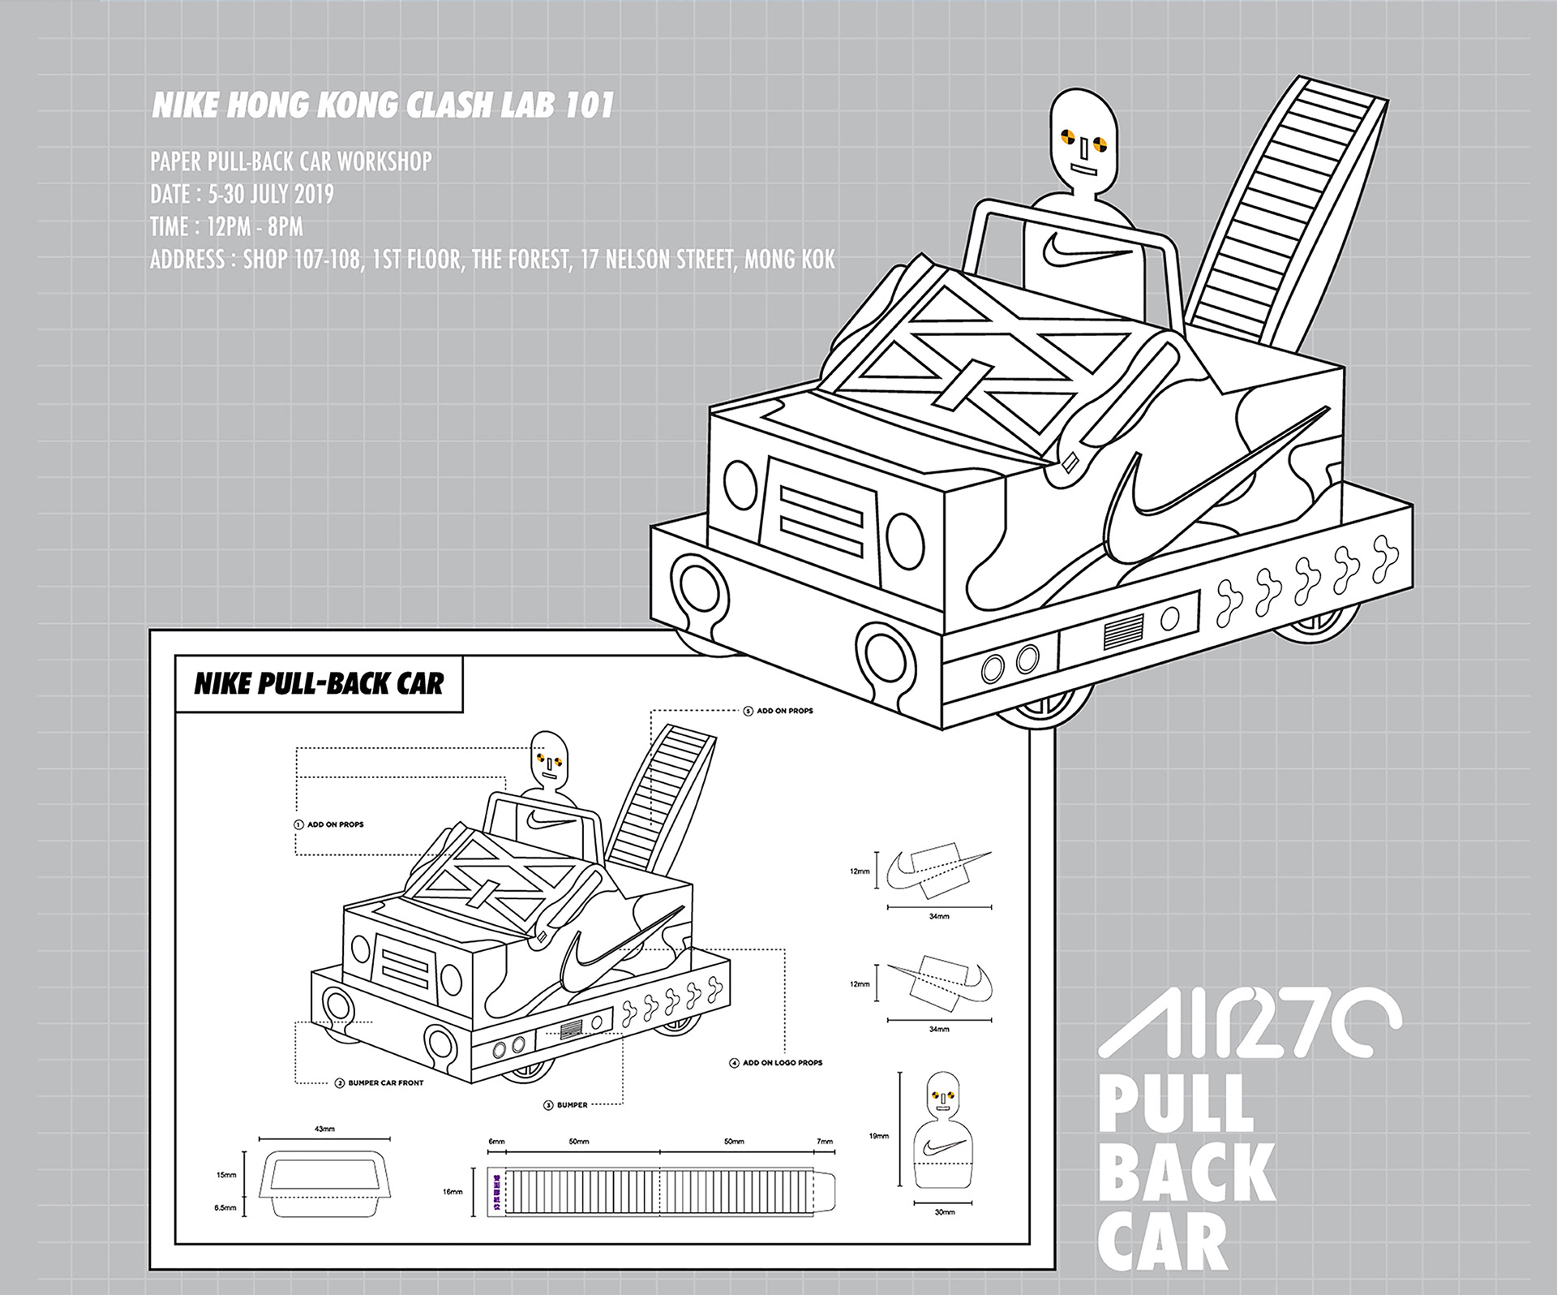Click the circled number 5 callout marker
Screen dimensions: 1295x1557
[748, 711]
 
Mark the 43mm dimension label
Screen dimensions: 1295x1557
[324, 1129]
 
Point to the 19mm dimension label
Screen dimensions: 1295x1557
[878, 1136]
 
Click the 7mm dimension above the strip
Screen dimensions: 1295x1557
[824, 1142]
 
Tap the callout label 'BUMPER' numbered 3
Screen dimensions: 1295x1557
[571, 1105]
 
